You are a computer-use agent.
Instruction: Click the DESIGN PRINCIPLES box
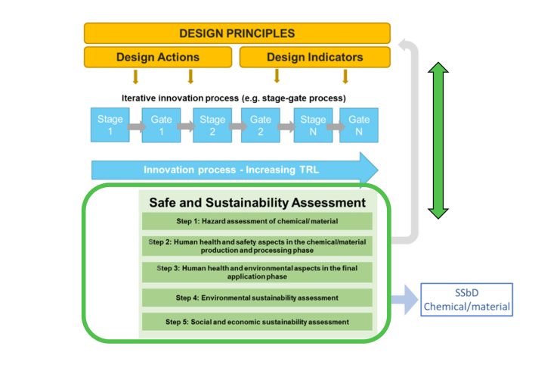tap(237, 33)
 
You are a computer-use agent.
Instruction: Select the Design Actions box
tap(157, 58)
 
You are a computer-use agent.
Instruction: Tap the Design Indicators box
tap(314, 58)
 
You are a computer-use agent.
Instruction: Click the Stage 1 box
tap(105, 125)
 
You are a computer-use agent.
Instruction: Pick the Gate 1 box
tap(161, 125)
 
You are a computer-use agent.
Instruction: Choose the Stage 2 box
tap(212, 125)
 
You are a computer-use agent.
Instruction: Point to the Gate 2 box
tap(260, 125)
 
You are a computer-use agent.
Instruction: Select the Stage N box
tap(312, 125)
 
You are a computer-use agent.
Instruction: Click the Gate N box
tap(359, 125)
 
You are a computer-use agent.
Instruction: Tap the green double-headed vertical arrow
tap(438, 140)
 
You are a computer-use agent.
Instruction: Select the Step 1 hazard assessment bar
tap(257, 220)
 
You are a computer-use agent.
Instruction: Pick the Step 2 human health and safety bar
tap(257, 246)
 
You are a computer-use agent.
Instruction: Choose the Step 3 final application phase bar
tap(257, 272)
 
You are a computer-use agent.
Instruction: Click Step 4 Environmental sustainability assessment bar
tap(257, 297)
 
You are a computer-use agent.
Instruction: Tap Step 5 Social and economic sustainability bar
tap(257, 321)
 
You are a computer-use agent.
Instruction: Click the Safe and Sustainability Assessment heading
tap(257, 203)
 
